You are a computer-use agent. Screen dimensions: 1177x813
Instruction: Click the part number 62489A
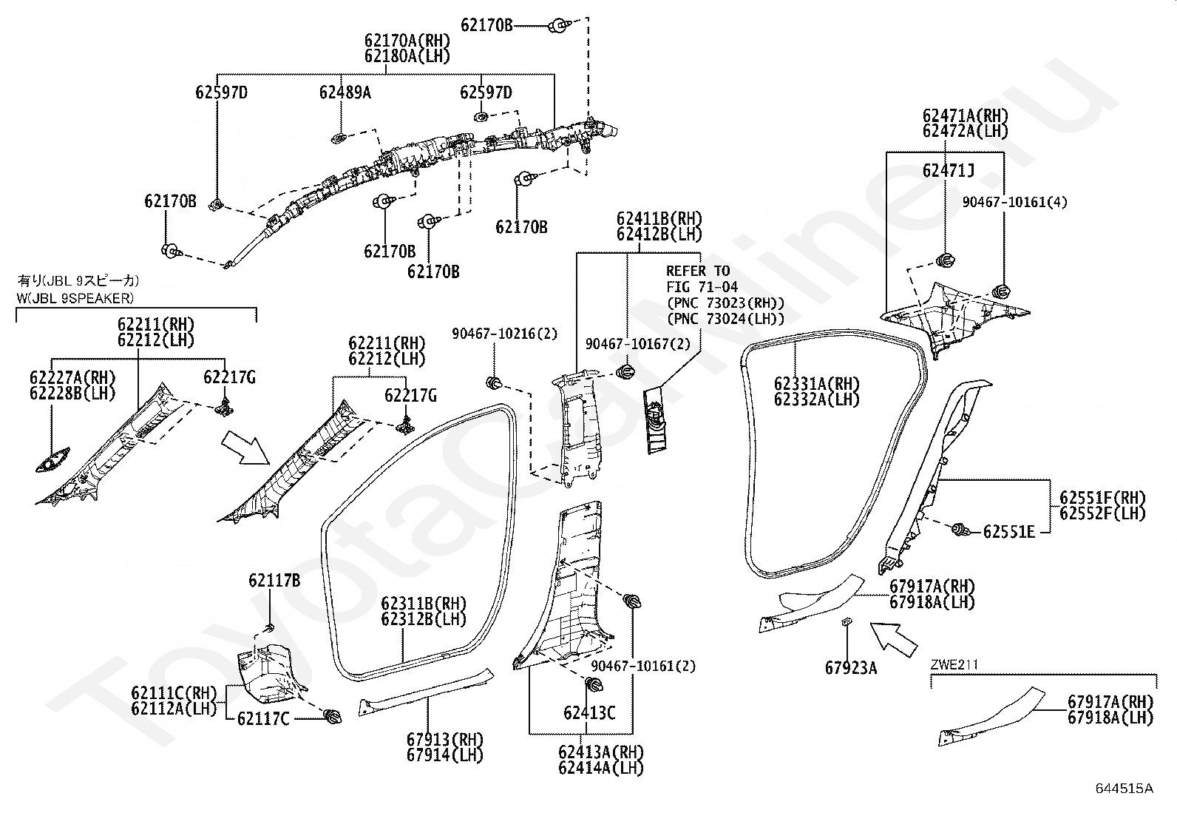click(x=345, y=92)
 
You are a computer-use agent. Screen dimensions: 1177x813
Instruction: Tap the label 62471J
click(x=949, y=170)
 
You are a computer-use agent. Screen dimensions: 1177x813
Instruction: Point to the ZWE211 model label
click(x=954, y=665)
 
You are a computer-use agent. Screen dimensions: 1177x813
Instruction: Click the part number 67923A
click(x=851, y=668)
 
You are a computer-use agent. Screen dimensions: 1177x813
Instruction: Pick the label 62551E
click(x=1009, y=532)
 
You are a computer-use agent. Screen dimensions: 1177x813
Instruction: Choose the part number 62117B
click(x=274, y=581)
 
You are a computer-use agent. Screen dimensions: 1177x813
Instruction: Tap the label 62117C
click(x=263, y=718)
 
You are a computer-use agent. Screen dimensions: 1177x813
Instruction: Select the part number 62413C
click(x=589, y=713)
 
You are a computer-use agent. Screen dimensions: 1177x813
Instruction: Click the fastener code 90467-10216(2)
click(x=504, y=334)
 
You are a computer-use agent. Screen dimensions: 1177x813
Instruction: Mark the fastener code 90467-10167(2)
click(x=638, y=344)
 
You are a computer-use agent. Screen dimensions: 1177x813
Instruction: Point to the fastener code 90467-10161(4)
click(x=1014, y=202)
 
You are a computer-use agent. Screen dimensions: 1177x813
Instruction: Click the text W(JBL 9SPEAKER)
click(x=75, y=299)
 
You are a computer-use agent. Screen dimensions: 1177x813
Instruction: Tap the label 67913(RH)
click(x=444, y=739)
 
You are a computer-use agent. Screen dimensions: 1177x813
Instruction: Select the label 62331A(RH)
click(x=816, y=384)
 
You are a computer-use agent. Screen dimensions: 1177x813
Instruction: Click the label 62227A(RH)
click(x=72, y=377)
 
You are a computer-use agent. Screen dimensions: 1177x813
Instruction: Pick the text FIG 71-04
click(x=702, y=286)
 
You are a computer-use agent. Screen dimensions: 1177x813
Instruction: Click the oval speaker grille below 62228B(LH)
click(x=52, y=460)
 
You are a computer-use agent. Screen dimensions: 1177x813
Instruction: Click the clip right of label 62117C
click(x=333, y=715)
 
